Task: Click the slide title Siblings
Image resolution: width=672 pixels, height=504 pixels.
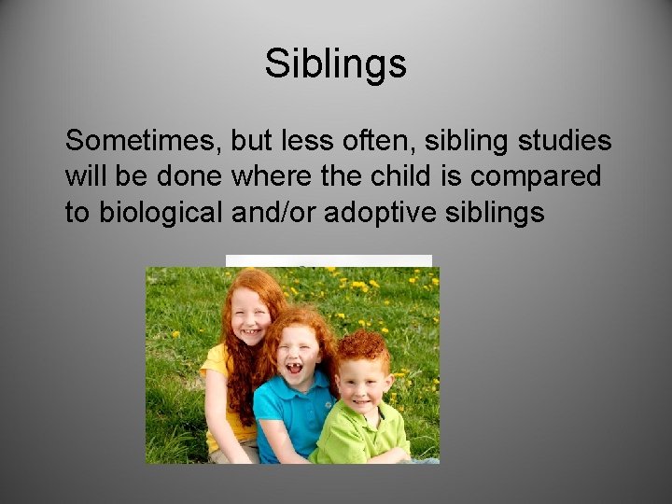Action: [x=335, y=64]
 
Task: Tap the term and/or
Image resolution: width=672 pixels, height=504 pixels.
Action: [x=272, y=212]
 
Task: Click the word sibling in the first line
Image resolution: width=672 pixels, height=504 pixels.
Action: [x=449, y=141]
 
